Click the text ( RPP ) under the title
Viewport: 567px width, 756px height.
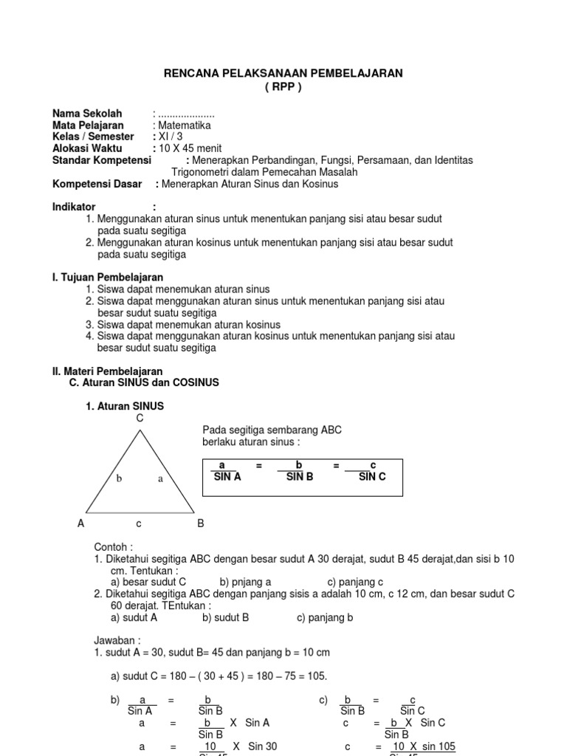283,86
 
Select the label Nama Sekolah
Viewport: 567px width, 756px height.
87,114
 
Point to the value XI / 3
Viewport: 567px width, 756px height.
168,137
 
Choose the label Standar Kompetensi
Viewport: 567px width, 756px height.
101,160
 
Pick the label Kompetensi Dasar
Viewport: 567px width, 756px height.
97,184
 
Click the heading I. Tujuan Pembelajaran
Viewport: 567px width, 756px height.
107,277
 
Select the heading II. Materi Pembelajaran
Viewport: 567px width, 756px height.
107,371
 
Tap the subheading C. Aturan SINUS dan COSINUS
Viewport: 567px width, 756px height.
144,383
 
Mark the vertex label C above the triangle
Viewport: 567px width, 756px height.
139,419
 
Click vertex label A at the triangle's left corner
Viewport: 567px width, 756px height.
81,523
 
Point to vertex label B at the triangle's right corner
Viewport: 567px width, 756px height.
200,523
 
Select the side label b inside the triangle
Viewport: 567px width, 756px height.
118,478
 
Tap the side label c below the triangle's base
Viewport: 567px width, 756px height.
138,523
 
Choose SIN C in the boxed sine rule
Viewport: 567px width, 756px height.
372,477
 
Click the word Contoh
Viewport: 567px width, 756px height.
114,547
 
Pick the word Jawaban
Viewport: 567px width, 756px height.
117,641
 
